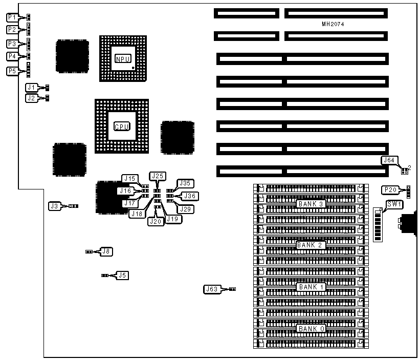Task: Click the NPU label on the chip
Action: (x=122, y=59)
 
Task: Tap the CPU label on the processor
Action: (x=122, y=126)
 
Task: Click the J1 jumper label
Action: (x=32, y=88)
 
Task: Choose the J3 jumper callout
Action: (x=55, y=206)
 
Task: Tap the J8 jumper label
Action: (x=106, y=251)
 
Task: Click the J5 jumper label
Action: (x=122, y=275)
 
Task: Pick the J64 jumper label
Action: (x=389, y=160)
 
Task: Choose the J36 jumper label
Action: (x=190, y=196)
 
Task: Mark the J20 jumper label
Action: (x=155, y=221)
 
